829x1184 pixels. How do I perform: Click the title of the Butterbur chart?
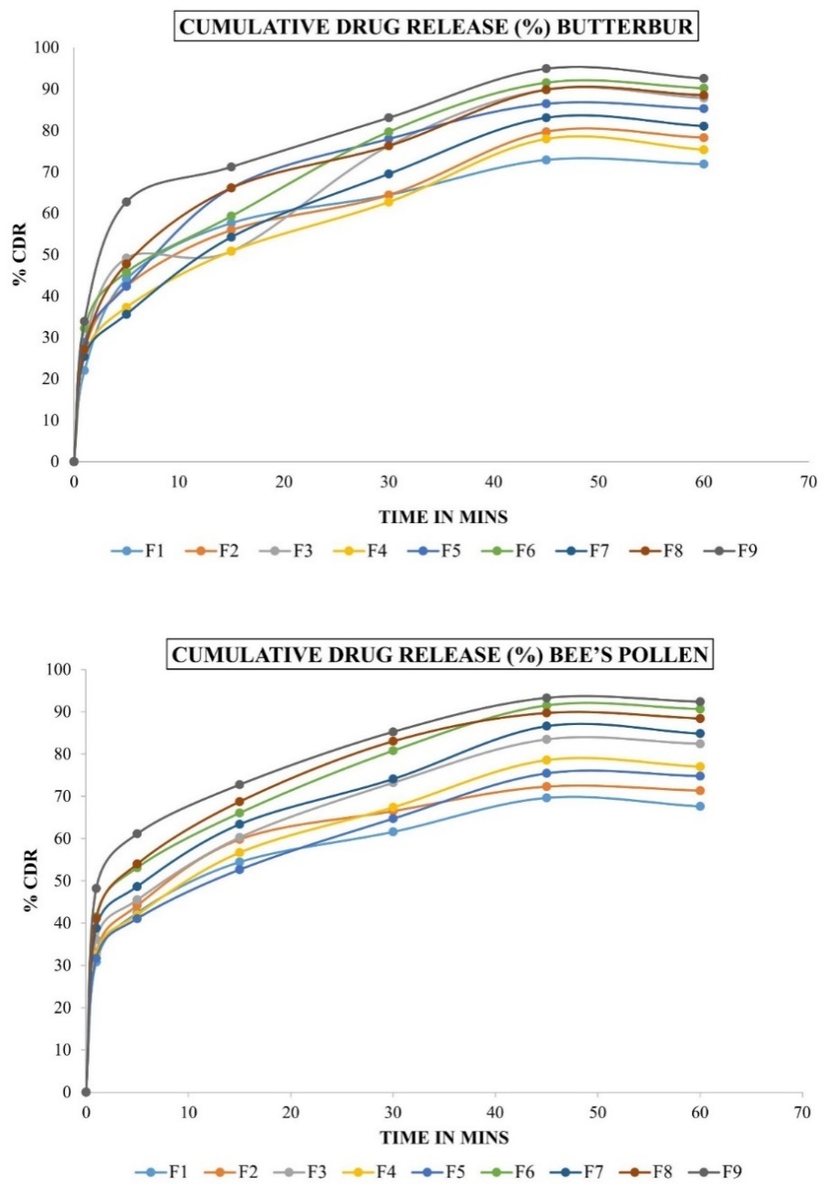(437, 28)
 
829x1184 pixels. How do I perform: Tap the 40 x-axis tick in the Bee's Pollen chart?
(495, 1112)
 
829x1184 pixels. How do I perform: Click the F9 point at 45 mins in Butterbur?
(546, 69)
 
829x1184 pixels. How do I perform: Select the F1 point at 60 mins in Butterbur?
(703, 164)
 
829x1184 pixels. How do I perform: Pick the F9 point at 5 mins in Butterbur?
(126, 201)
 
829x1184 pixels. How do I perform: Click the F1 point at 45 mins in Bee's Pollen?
(547, 797)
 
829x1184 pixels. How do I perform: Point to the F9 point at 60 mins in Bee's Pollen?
(700, 702)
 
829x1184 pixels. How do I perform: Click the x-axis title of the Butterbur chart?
(442, 517)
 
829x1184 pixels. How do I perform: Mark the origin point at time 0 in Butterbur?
(74, 461)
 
